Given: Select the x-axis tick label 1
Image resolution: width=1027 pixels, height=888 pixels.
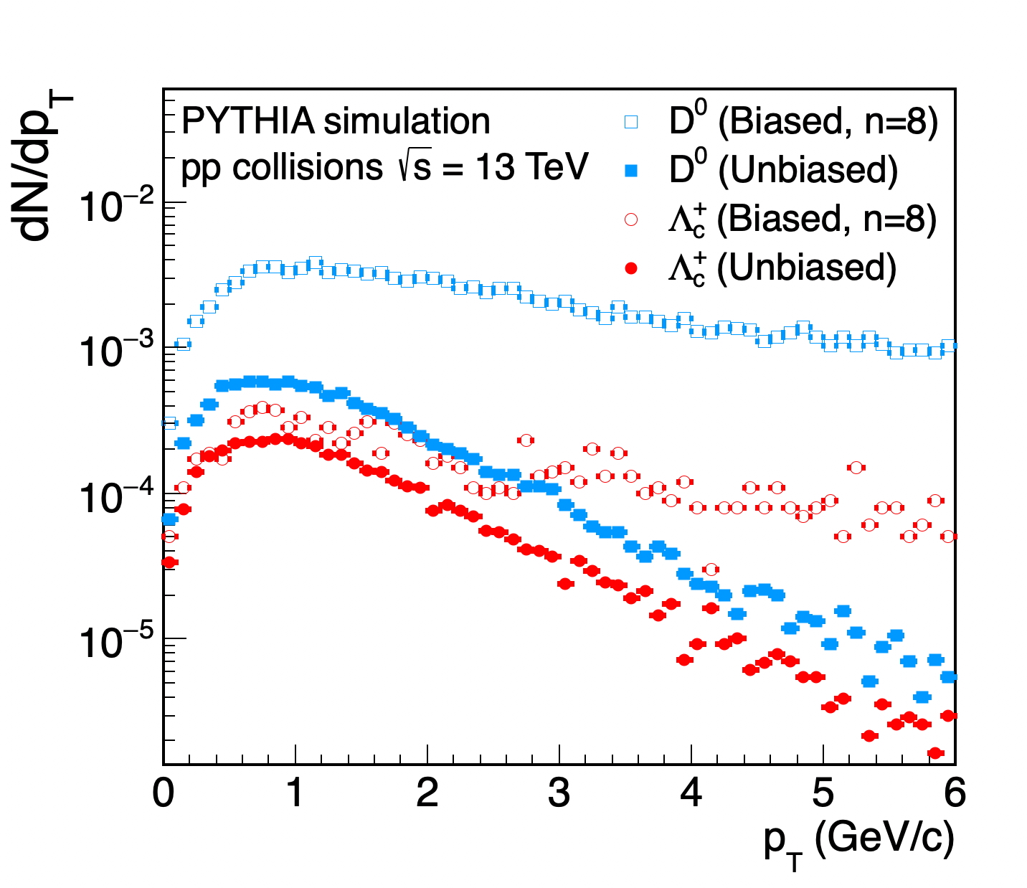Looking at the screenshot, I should [295, 795].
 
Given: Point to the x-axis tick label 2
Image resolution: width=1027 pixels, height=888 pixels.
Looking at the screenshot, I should [427, 795].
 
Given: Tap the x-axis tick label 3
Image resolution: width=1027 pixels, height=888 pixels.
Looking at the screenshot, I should [559, 795].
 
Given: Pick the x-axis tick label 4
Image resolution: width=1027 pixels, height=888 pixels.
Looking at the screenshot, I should [691, 795].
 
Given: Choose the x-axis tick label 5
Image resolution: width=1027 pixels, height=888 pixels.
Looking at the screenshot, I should [823, 795].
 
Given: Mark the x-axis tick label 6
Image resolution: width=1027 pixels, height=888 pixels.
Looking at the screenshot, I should [955, 795].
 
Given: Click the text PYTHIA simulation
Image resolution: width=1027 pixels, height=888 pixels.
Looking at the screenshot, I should [336, 121].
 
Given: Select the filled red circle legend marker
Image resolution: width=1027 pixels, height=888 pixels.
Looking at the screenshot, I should [631, 268].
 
